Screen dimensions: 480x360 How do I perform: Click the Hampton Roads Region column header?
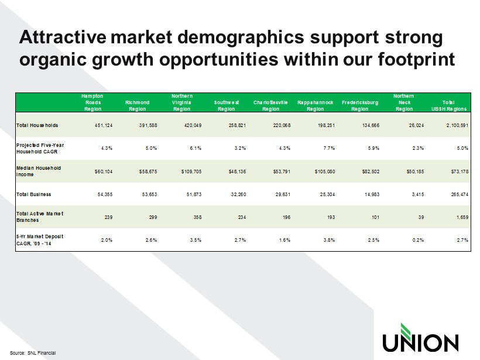[x=92, y=102]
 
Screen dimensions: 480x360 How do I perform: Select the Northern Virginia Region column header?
[x=182, y=102]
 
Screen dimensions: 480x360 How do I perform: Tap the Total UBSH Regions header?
[x=449, y=105]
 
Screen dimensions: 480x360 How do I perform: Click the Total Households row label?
[x=37, y=125]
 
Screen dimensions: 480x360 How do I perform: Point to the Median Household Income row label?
[x=39, y=171]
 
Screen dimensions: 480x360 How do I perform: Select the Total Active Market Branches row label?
[x=40, y=217]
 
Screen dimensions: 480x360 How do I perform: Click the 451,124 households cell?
[x=104, y=125]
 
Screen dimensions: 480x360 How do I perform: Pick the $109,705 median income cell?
[x=191, y=172]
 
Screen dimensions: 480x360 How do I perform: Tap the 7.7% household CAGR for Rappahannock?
[x=329, y=148]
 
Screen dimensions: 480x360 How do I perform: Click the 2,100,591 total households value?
[x=457, y=125]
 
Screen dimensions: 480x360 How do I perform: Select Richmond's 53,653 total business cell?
[x=149, y=194]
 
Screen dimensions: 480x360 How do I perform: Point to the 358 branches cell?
[x=197, y=217]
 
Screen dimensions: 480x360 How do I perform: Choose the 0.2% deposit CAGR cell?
[x=418, y=240]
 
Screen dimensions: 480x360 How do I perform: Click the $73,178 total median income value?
[x=460, y=172]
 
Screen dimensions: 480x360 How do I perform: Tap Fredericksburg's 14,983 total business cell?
[x=372, y=194]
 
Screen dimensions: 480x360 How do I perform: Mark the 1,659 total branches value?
[x=462, y=217]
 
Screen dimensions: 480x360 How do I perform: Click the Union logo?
[x=420, y=338]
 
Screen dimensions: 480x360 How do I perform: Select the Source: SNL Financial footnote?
[x=33, y=353]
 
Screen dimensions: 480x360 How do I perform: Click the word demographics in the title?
[x=241, y=37]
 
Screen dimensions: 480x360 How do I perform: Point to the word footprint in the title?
[x=416, y=59]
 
